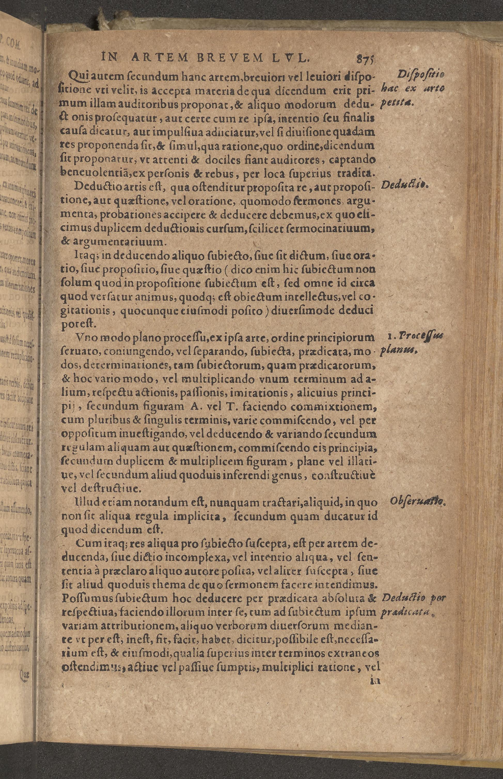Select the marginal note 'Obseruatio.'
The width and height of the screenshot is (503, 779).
click(418, 501)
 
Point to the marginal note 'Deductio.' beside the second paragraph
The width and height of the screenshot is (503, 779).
click(404, 185)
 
